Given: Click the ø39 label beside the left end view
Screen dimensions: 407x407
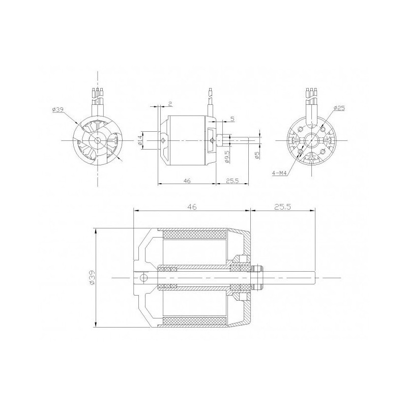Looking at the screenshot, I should pos(57,110).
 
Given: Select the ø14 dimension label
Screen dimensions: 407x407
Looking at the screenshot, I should pos(140,140).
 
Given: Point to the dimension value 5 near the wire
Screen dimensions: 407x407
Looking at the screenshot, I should pos(232,119).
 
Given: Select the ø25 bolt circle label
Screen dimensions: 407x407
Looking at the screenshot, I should pos(340,108).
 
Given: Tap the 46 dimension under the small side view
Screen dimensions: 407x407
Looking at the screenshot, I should pos(187,181).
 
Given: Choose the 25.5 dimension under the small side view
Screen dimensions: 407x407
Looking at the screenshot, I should pos(232,181).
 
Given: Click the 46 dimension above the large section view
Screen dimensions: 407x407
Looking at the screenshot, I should pos(191,207).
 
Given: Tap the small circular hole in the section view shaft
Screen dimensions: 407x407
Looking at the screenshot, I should pos(144,277).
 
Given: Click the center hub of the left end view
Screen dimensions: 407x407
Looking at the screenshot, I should pos(97,140).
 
